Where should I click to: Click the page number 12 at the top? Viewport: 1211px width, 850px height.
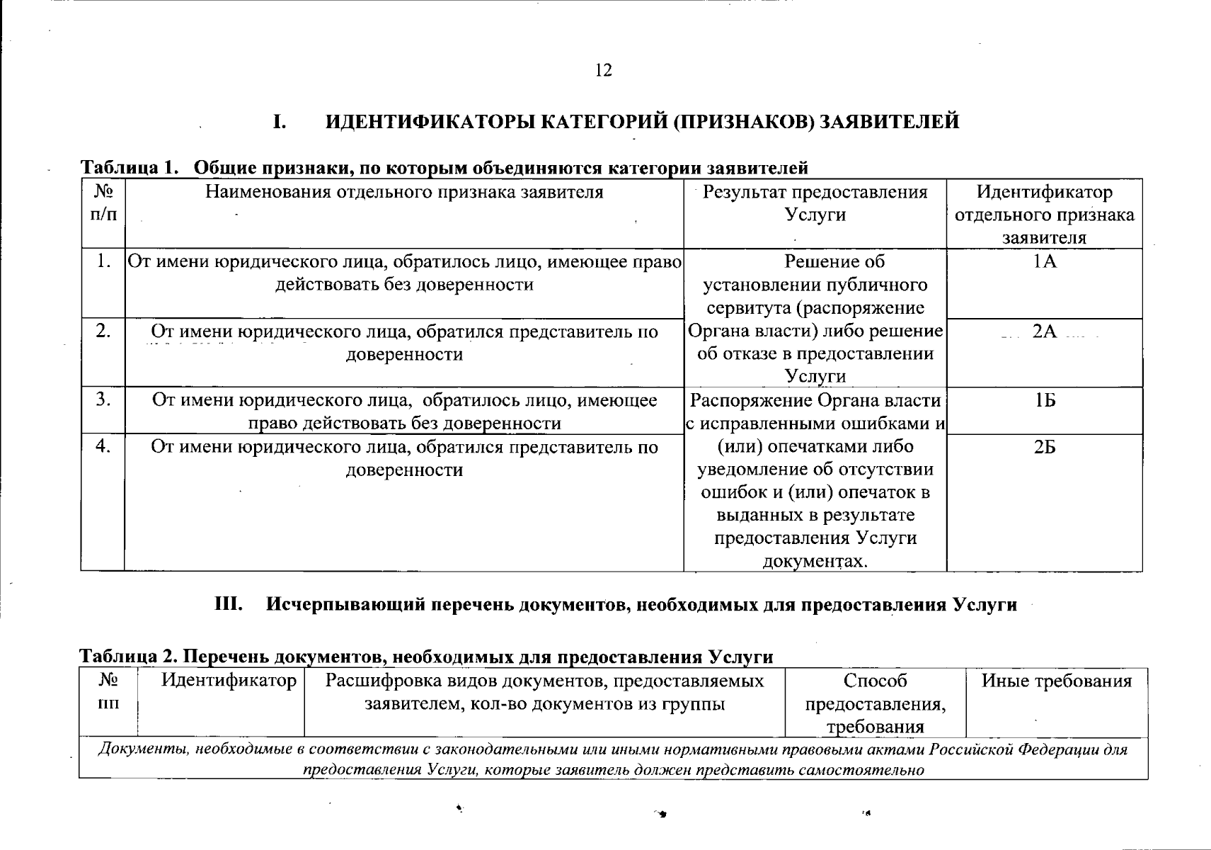(x=603, y=70)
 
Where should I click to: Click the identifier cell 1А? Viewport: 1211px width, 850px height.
(x=1044, y=262)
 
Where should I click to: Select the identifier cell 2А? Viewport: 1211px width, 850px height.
(x=1044, y=331)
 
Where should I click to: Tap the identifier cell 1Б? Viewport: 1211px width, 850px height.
(x=1044, y=401)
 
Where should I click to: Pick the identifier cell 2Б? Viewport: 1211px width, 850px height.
(x=1044, y=448)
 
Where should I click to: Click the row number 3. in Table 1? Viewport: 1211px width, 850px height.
(x=103, y=400)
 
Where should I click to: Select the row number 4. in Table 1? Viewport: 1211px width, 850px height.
(x=103, y=447)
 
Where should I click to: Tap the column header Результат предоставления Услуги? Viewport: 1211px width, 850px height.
(x=815, y=203)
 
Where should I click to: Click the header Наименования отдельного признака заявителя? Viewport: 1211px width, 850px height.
(x=404, y=192)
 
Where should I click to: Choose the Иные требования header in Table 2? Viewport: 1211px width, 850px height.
(x=1056, y=681)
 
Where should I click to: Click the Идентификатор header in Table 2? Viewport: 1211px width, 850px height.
(x=229, y=681)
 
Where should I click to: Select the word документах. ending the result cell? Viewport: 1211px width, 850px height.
(x=815, y=562)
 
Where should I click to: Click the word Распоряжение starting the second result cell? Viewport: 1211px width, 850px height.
(x=751, y=401)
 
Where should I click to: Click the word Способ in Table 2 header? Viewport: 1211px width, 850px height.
(x=875, y=681)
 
